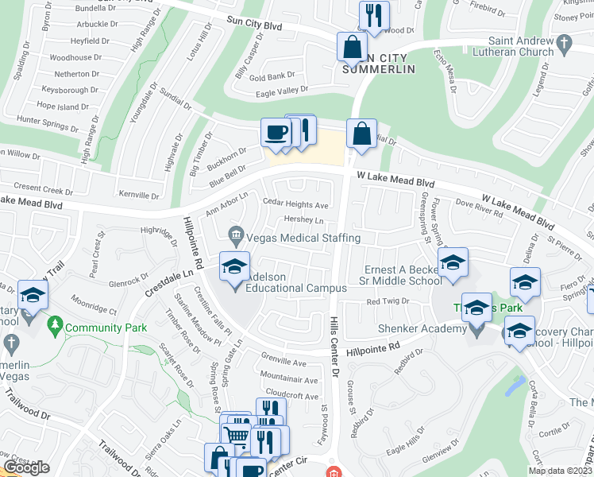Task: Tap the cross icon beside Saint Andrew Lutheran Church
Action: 564,45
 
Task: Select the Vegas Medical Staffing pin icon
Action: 235,236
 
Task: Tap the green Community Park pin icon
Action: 54,325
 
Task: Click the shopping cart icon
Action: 234,436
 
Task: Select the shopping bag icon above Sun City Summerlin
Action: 351,47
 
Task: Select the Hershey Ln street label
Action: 303,221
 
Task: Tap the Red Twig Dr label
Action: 387,301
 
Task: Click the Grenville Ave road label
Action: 283,363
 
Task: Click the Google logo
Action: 26,467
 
